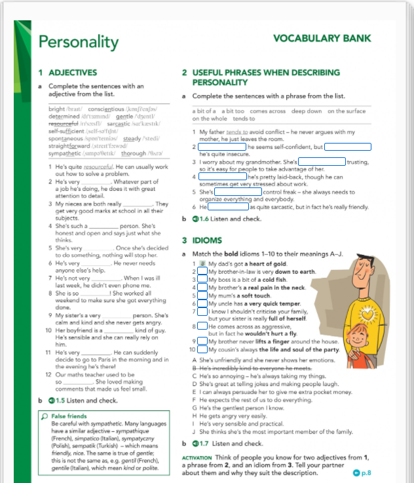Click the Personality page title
pyautogui.click(x=78, y=42)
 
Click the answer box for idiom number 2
pyautogui.click(x=202, y=271)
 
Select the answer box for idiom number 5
pyautogui.click(x=202, y=295)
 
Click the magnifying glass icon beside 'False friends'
pyautogui.click(x=44, y=416)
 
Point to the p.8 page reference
pyautogui.click(x=362, y=472)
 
